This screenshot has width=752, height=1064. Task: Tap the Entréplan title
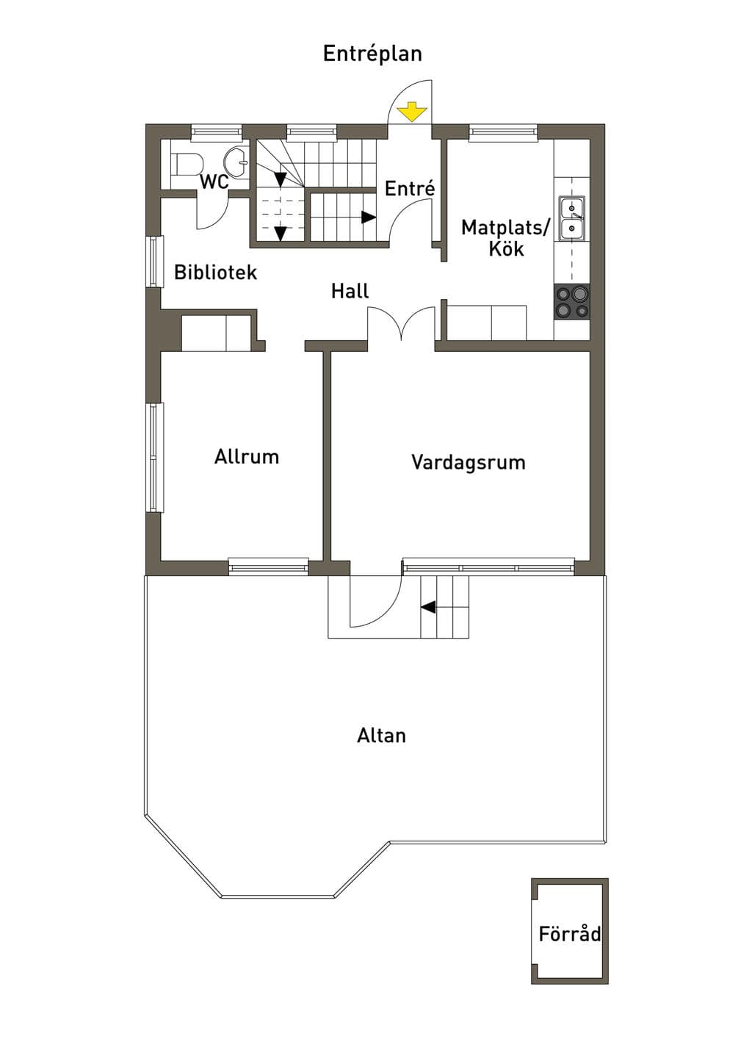pyautogui.click(x=372, y=54)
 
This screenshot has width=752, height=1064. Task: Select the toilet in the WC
pyautogui.click(x=187, y=164)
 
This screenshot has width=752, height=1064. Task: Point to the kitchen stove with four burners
pyautogui.click(x=572, y=301)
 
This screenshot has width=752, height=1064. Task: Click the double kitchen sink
pyautogui.click(x=572, y=218)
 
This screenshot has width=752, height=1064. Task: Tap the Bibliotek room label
pyautogui.click(x=215, y=272)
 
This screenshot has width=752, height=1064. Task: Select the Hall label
pyautogui.click(x=350, y=291)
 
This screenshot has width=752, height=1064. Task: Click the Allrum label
pyautogui.click(x=247, y=456)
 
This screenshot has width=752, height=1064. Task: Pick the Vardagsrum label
pyautogui.click(x=469, y=462)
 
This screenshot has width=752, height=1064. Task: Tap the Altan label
pyautogui.click(x=381, y=736)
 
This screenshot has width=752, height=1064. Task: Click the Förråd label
pyautogui.click(x=570, y=934)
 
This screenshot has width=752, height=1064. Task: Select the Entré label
pyautogui.click(x=410, y=189)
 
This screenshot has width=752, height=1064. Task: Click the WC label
pyautogui.click(x=214, y=181)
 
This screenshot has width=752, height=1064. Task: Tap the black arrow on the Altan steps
pyautogui.click(x=428, y=607)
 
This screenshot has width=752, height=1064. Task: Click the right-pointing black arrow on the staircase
pyautogui.click(x=369, y=217)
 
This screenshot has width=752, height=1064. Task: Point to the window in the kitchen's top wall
pyautogui.click(x=503, y=132)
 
